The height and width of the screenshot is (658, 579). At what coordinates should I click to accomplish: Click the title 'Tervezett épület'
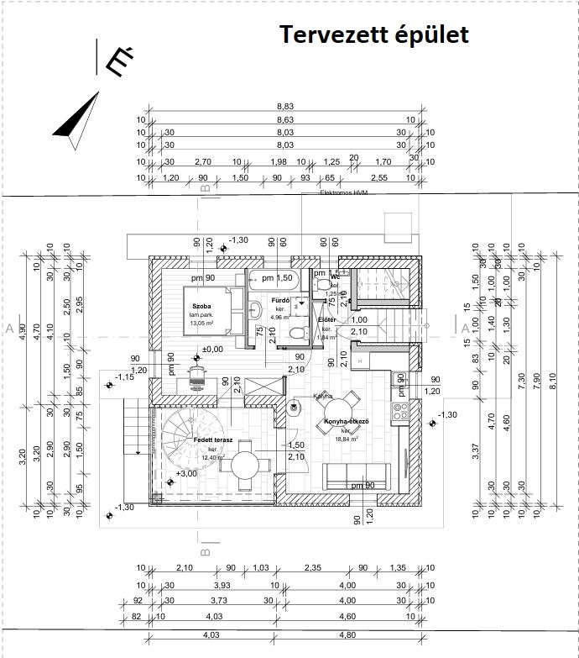373,35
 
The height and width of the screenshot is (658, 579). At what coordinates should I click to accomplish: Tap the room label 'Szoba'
201,306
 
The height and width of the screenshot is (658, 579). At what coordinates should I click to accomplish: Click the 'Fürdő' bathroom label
280,300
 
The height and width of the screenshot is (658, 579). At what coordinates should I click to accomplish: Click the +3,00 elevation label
186,473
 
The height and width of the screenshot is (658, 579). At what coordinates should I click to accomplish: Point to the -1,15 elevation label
125,376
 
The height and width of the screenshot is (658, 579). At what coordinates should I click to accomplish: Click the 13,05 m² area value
202,323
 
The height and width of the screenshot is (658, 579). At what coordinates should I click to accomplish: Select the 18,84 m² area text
346,438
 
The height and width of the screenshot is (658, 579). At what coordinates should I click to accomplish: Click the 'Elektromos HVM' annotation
344,193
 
